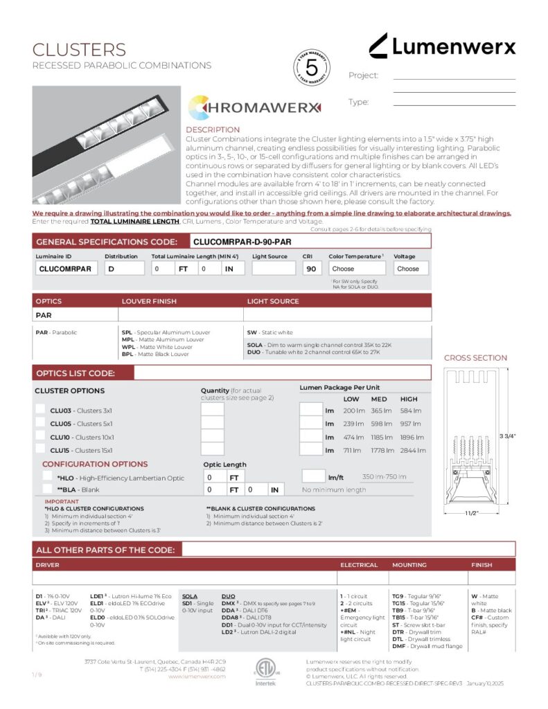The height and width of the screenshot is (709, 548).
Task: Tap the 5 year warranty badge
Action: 311,69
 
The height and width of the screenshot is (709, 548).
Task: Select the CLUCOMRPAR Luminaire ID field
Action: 66,269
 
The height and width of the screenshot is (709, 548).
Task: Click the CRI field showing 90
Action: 312,269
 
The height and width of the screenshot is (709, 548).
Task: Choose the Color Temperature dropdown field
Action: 356,269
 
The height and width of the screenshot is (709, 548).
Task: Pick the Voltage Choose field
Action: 411,269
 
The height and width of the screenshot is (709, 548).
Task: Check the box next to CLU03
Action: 41,410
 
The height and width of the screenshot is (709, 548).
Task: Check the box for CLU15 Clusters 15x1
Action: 41,449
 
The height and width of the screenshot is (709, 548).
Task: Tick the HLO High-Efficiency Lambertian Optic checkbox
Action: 48,477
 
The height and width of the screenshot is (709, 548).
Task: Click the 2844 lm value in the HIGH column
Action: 412,450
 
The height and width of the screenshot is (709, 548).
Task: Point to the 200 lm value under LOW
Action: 354,411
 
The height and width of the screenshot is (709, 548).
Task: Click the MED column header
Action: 380,400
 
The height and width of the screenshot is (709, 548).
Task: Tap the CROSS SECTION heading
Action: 475,358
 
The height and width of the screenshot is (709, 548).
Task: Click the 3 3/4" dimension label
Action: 508,436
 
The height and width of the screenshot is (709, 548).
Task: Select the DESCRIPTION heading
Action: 213,129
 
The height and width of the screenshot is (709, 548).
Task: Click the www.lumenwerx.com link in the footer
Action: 197,676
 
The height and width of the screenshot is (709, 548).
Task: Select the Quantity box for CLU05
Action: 212,423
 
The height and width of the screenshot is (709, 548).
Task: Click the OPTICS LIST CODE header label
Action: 76,373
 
